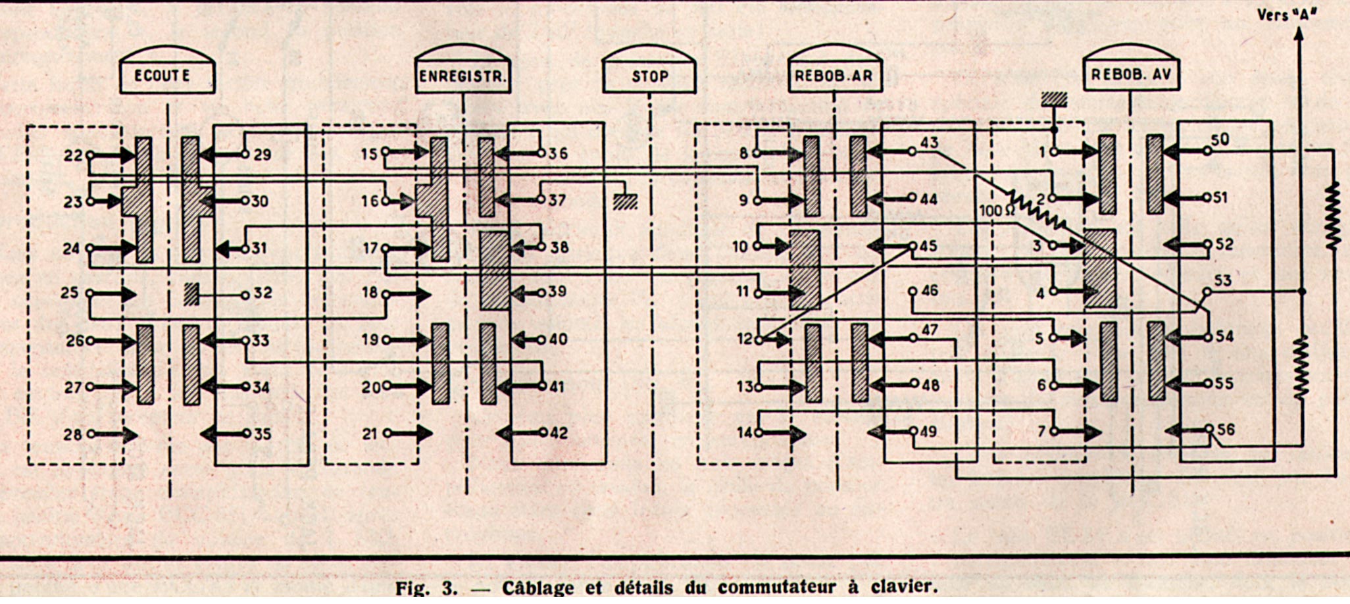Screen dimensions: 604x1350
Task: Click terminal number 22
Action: (90, 155)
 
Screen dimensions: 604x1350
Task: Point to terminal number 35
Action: (245, 434)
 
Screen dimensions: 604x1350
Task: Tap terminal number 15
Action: (386, 152)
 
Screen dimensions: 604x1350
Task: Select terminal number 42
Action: (543, 432)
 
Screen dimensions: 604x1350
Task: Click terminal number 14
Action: (759, 433)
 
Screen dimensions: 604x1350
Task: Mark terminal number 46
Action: (913, 291)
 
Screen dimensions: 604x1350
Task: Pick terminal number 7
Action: (1054, 432)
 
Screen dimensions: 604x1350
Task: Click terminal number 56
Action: (1209, 429)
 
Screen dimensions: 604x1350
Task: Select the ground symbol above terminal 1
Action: (1054, 100)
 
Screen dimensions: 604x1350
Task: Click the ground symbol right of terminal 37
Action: (625, 202)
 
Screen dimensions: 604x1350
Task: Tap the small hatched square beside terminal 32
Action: (191, 293)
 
